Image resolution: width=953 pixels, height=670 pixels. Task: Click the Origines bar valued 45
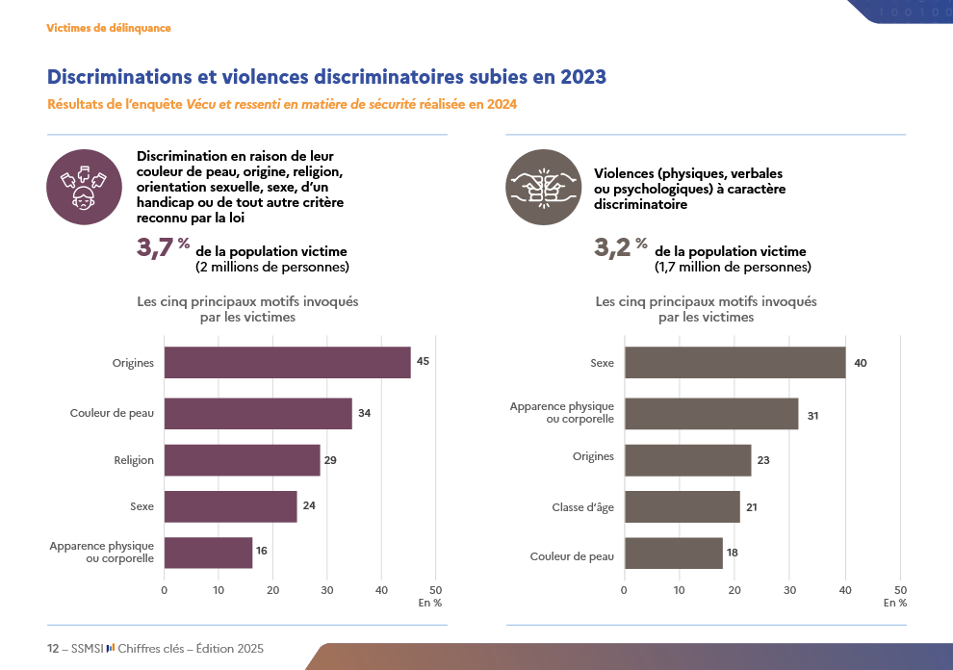pyautogui.click(x=287, y=362)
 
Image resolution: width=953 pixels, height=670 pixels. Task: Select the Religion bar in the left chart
pyautogui.click(x=242, y=460)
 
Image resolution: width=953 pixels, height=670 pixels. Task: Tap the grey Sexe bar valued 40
pyautogui.click(x=734, y=363)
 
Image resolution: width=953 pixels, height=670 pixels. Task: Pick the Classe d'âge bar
pyautogui.click(x=682, y=506)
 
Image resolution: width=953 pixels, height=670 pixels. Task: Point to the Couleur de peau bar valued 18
pyautogui.click(x=673, y=554)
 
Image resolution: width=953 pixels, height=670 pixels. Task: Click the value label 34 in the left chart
pyautogui.click(x=364, y=413)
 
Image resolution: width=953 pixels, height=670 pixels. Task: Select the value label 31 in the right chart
pyautogui.click(x=812, y=415)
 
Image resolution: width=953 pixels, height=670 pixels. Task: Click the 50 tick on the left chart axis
pyautogui.click(x=435, y=590)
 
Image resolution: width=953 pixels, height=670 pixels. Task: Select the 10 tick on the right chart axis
pyautogui.click(x=680, y=590)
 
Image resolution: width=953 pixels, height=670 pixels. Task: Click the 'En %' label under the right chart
pyautogui.click(x=895, y=603)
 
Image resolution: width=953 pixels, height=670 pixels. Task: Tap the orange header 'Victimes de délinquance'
pyautogui.click(x=109, y=28)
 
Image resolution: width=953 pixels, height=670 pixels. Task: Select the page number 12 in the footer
pyautogui.click(x=53, y=649)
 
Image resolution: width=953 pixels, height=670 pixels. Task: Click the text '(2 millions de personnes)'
pyautogui.click(x=271, y=267)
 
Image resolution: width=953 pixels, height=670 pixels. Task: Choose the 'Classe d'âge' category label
pyautogui.click(x=582, y=506)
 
